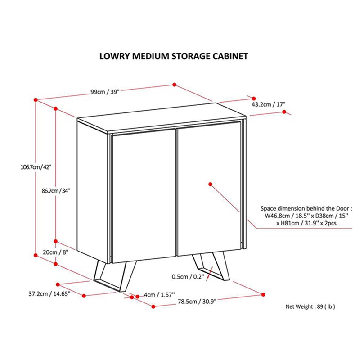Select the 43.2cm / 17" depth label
tap(268, 104)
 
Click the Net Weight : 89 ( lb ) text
tap(310, 307)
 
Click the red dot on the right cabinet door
tap(211, 183)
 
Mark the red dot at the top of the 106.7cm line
tap(35, 99)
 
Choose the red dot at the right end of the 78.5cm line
tap(262, 295)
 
